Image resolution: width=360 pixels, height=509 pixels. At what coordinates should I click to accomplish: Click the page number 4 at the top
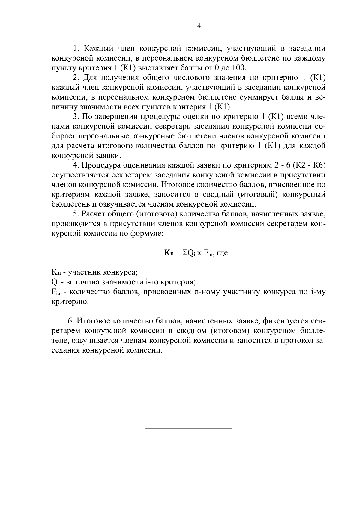tap(199, 26)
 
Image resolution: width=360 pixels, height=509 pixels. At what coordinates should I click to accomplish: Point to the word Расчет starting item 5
tap(97, 214)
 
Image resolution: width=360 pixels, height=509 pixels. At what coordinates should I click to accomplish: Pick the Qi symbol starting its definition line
tap(55, 282)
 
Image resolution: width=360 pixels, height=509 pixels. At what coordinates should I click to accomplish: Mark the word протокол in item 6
tap(297, 341)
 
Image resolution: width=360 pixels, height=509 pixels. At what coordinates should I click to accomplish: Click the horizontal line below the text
tap(188, 429)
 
